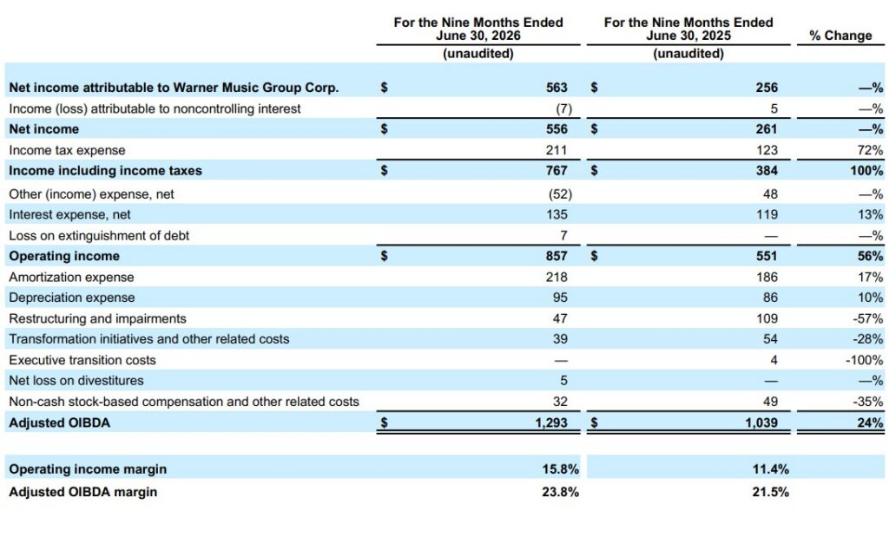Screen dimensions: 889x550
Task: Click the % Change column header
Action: pyautogui.click(x=840, y=36)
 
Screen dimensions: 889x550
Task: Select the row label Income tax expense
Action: pyautogui.click(x=67, y=150)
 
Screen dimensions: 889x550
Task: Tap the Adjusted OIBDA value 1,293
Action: pyautogui.click(x=551, y=422)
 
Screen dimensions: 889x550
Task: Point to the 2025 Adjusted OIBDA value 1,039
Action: pyautogui.click(x=761, y=422)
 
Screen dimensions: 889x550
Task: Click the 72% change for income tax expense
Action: pyautogui.click(x=870, y=150)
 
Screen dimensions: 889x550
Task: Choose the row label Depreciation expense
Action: pyautogui.click(x=72, y=298)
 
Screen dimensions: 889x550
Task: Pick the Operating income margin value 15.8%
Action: pyautogui.click(x=560, y=469)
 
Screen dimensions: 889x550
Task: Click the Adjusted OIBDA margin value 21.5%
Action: pyautogui.click(x=771, y=492)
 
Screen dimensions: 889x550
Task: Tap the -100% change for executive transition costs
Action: pyautogui.click(x=864, y=360)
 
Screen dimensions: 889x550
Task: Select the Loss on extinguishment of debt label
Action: pyautogui.click(x=99, y=236)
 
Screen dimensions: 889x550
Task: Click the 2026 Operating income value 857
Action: pyautogui.click(x=556, y=256)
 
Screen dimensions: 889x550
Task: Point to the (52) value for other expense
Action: pyautogui.click(x=560, y=193)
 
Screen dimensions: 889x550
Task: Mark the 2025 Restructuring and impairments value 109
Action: pyautogui.click(x=767, y=318)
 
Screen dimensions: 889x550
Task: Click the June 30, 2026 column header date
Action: pyautogui.click(x=478, y=36)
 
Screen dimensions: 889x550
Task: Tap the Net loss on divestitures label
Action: pyautogui.click(x=76, y=381)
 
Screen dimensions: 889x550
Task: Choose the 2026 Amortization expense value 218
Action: pyautogui.click(x=556, y=277)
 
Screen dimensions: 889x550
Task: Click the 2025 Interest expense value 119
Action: pyautogui.click(x=767, y=214)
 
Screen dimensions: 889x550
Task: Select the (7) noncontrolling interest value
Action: pyautogui.click(x=563, y=108)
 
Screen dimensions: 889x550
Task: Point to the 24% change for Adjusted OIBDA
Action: pyautogui.click(x=870, y=422)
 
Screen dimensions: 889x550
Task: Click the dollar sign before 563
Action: pyautogui.click(x=384, y=88)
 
